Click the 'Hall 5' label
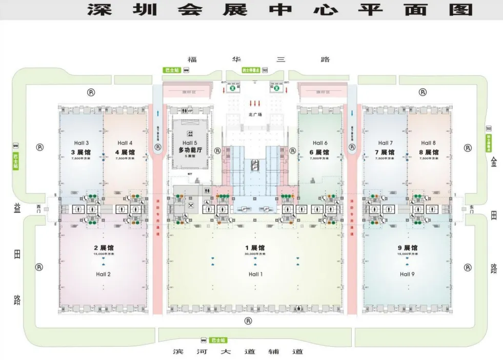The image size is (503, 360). pos(188,143)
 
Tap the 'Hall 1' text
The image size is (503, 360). pos(255,274)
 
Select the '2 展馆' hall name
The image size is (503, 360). pos(103,248)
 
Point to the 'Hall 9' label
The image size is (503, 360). pos(407,274)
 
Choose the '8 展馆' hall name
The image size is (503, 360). pos(428,152)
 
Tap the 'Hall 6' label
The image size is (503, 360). pos(318,143)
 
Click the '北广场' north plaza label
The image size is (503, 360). pos(255,115)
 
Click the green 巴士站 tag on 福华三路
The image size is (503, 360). pos(170,70)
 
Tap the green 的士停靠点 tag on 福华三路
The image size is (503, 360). pos(250,70)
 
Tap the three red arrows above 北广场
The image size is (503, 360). pos(255,103)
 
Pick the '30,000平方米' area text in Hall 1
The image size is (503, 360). pos(255,254)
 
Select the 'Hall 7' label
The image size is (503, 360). pos(384,143)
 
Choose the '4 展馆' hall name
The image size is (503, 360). pos(125,152)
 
